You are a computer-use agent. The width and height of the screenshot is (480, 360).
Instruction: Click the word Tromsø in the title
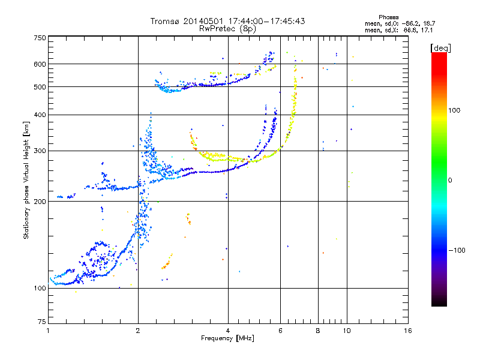click(x=166, y=21)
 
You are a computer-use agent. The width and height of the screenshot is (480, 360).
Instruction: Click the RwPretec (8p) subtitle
click(x=227, y=29)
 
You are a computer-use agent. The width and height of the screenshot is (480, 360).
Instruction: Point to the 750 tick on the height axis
click(x=40, y=38)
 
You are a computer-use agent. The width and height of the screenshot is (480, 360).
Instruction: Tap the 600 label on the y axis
click(x=40, y=64)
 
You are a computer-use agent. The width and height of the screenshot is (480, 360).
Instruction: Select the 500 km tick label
click(x=40, y=87)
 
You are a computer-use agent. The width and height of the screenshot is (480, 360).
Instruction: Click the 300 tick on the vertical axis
click(x=40, y=151)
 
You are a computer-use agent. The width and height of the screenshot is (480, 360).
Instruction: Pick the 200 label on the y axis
click(x=40, y=202)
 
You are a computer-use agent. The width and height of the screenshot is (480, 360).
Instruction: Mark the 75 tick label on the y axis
click(x=42, y=322)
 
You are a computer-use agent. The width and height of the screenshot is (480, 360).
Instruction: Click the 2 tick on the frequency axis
click(x=138, y=331)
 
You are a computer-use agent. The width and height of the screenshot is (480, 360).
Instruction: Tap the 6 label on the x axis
click(x=280, y=331)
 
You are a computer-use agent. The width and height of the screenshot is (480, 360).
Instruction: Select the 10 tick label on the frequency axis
click(x=347, y=331)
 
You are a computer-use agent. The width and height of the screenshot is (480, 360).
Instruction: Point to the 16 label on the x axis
click(x=408, y=331)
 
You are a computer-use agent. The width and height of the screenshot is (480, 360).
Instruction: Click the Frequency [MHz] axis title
click(x=227, y=338)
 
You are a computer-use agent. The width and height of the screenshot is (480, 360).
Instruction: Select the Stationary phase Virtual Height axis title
click(x=26, y=181)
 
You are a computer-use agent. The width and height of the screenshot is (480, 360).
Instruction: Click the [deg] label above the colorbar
click(x=441, y=48)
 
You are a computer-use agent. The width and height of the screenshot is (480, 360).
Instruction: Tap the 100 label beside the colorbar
click(x=454, y=110)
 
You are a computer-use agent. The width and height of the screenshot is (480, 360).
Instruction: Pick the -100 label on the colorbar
click(x=457, y=250)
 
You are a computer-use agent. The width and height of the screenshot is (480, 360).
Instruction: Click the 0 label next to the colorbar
click(x=450, y=181)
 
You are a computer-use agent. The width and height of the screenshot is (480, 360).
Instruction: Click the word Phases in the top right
click(x=389, y=17)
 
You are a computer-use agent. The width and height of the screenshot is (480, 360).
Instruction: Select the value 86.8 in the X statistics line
click(x=410, y=31)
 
